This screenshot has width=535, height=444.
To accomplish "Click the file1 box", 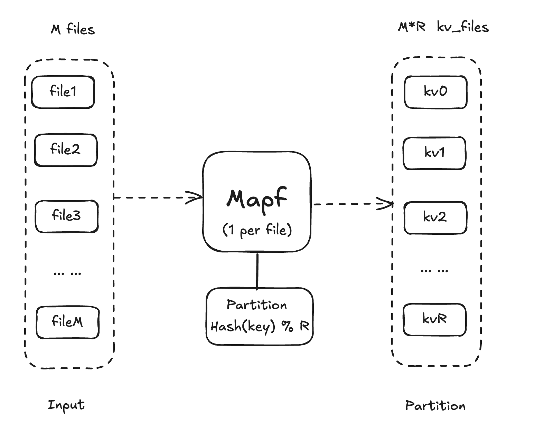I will (x=63, y=92).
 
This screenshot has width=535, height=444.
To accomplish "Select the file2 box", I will (x=66, y=150).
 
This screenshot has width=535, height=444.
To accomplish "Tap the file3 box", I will (x=67, y=216).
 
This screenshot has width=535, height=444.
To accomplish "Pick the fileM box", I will (x=68, y=322).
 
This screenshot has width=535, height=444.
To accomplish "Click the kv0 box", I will (x=435, y=92).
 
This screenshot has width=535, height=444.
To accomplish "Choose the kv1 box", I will (x=434, y=153).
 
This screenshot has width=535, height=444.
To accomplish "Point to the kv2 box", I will (x=435, y=218).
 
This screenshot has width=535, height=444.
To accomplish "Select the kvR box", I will (x=435, y=319).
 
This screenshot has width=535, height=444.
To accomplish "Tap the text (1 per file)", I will (x=257, y=230).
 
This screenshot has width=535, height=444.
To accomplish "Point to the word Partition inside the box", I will (x=257, y=305).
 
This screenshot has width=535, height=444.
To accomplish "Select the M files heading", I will (x=73, y=29).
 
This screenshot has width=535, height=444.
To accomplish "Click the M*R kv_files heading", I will (x=443, y=27).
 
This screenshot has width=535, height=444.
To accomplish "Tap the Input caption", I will (x=66, y=405).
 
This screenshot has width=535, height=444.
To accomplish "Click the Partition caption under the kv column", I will (x=435, y=406).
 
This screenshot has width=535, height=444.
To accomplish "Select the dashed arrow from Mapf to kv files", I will (x=353, y=204).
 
